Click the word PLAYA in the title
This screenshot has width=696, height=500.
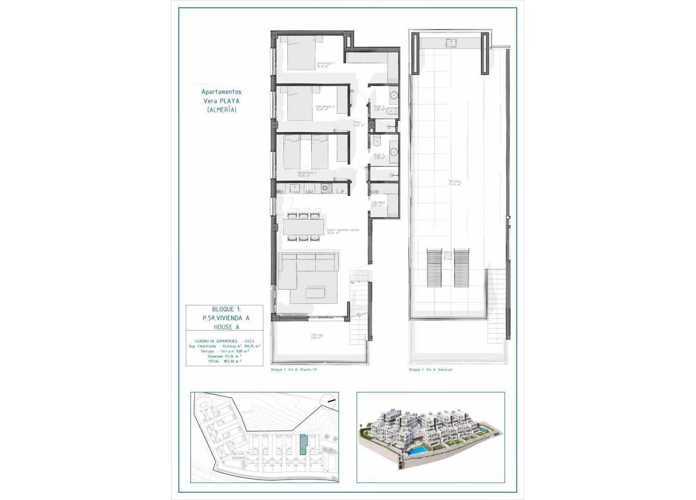click(231, 100)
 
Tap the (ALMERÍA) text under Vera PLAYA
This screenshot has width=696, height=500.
click(222, 109)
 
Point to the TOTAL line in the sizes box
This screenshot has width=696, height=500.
click(225, 361)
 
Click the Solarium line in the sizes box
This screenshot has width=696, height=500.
click(225, 356)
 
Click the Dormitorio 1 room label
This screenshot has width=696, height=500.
click(325, 64)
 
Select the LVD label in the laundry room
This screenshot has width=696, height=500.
click(375, 192)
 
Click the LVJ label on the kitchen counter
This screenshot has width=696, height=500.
click(310, 192)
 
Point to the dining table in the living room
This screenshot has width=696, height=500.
click(304, 227)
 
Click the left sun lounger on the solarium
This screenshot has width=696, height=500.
click(434, 267)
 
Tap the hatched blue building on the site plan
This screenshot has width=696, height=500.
click(304, 444)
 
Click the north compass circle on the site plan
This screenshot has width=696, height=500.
click(328, 401)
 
